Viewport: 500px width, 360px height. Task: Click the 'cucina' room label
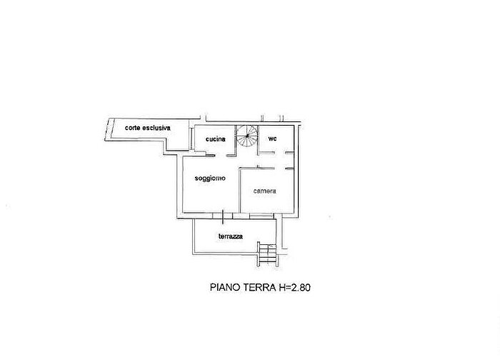point(216,139)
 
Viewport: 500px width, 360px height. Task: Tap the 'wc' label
point(273,139)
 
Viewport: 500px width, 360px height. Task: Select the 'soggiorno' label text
point(210,179)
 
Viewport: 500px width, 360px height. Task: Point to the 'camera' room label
point(264,191)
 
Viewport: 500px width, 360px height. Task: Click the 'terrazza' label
point(231,236)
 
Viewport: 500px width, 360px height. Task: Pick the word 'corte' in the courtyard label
point(133,128)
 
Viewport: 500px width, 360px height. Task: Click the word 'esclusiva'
point(156,128)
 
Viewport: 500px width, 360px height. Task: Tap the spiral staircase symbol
point(247,136)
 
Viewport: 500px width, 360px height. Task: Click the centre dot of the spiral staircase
point(247,136)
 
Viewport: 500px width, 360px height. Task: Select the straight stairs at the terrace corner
point(268,254)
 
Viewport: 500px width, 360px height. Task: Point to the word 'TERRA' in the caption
point(260,287)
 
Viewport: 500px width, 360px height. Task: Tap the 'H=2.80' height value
point(294,287)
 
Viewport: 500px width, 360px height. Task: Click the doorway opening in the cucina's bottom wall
point(221,155)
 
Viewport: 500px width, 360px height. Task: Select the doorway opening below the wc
point(280,153)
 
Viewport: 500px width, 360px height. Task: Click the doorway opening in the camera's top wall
point(280,169)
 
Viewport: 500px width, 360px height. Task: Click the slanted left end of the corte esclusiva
point(108,129)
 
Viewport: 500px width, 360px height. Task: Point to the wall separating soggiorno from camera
point(239,191)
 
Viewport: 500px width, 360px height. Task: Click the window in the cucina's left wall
point(191,139)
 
